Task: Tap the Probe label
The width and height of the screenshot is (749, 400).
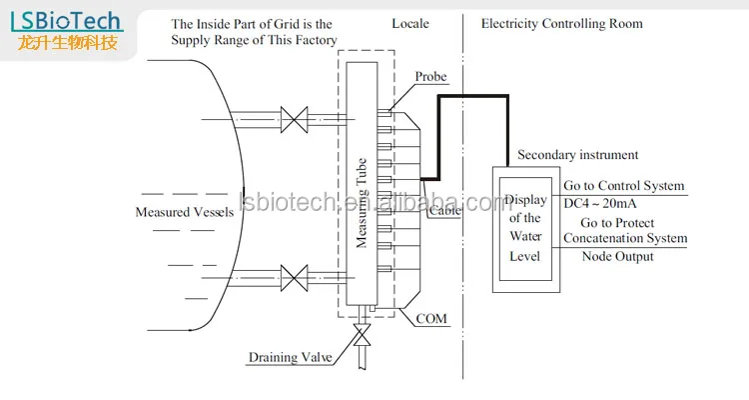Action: coord(430,77)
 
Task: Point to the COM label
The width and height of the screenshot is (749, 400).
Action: coord(431,320)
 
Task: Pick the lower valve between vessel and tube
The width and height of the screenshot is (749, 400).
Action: coord(293,274)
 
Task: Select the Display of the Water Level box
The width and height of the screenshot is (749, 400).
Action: coord(524,227)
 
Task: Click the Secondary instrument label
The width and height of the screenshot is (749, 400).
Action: coord(578,155)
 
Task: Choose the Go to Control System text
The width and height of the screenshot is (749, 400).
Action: coord(624,186)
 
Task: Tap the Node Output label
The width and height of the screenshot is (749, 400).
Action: coord(617,257)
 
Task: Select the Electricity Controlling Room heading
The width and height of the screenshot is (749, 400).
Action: coord(562,22)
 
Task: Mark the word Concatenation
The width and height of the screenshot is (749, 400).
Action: coord(611,238)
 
